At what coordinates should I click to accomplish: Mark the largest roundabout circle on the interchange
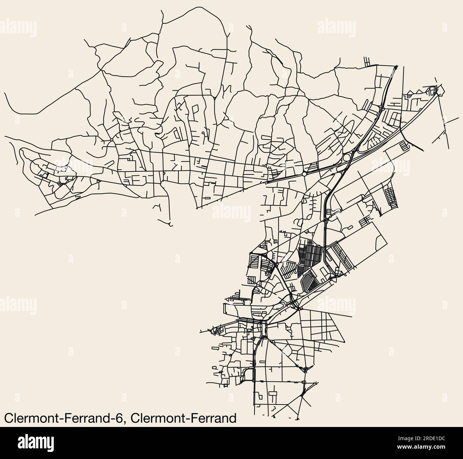(x=346, y=158)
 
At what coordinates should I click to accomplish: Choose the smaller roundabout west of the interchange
(x=304, y=175)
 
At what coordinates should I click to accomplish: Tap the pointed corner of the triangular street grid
(x=345, y=340)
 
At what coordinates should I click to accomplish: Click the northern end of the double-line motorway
(x=396, y=66)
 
